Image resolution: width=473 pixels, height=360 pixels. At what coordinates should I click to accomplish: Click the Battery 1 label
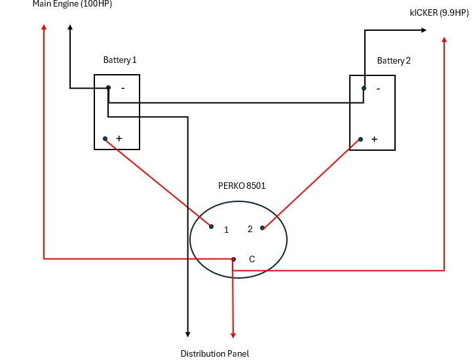(x=120, y=60)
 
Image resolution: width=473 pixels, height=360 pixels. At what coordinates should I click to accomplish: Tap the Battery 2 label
(x=394, y=61)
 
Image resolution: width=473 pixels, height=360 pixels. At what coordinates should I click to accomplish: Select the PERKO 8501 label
(x=242, y=186)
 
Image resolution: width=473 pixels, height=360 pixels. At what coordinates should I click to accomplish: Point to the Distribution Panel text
(x=215, y=353)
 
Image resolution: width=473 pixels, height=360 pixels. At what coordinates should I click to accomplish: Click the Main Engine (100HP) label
(x=72, y=4)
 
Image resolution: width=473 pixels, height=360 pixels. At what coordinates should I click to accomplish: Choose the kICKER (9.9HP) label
(x=439, y=12)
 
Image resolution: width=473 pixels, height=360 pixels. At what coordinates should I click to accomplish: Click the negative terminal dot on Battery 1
(x=108, y=88)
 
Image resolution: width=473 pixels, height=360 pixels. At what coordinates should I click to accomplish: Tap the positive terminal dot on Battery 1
(x=105, y=138)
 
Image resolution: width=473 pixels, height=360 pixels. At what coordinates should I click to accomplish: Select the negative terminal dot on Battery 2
(x=364, y=88)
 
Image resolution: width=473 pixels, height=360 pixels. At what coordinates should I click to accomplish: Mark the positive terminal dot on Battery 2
(x=360, y=139)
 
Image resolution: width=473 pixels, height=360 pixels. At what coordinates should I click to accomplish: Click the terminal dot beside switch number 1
(x=211, y=226)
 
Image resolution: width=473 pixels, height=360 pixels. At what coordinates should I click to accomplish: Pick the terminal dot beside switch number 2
(x=262, y=228)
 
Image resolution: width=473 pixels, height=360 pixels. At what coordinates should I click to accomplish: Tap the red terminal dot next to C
(x=233, y=259)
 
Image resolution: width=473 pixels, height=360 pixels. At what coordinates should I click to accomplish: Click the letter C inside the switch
(x=252, y=259)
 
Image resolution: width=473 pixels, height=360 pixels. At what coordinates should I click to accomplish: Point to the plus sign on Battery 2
(x=374, y=139)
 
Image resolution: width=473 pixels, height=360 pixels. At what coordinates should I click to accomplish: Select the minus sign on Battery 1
(x=123, y=88)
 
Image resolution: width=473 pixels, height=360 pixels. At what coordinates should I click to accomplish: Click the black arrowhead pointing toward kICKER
(x=424, y=30)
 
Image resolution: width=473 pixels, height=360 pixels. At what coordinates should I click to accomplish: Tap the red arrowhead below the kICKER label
(x=444, y=39)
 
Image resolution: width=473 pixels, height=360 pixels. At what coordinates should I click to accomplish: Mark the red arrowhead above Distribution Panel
(x=233, y=335)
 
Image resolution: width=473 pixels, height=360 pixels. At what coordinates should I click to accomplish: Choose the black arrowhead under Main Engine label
(x=70, y=27)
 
